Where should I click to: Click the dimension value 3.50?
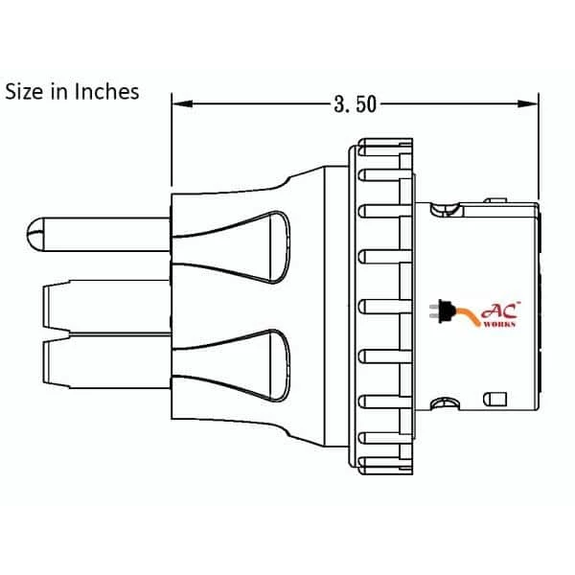(x=354, y=104)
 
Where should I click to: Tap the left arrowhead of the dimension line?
(x=179, y=103)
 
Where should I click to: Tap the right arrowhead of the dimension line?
(x=530, y=103)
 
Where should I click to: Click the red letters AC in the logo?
(x=503, y=310)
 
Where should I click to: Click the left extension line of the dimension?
(x=171, y=144)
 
